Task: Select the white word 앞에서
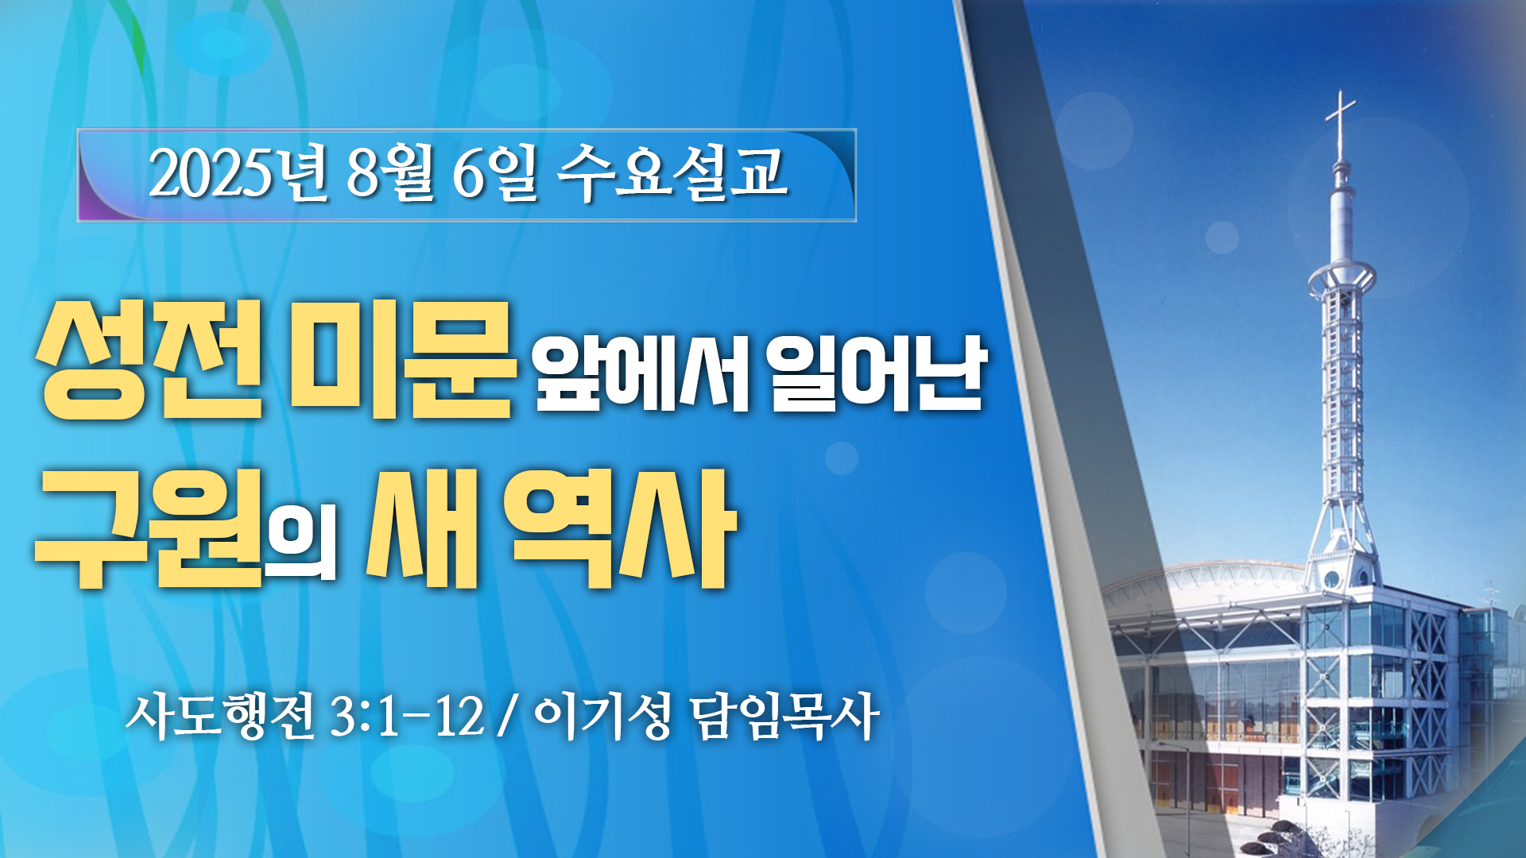point(641,372)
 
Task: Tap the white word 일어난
point(878,372)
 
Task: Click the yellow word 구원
point(149,528)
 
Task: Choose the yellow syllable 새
point(422,528)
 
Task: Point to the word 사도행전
point(220,716)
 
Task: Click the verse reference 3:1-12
point(407,716)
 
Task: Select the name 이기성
point(603,716)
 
